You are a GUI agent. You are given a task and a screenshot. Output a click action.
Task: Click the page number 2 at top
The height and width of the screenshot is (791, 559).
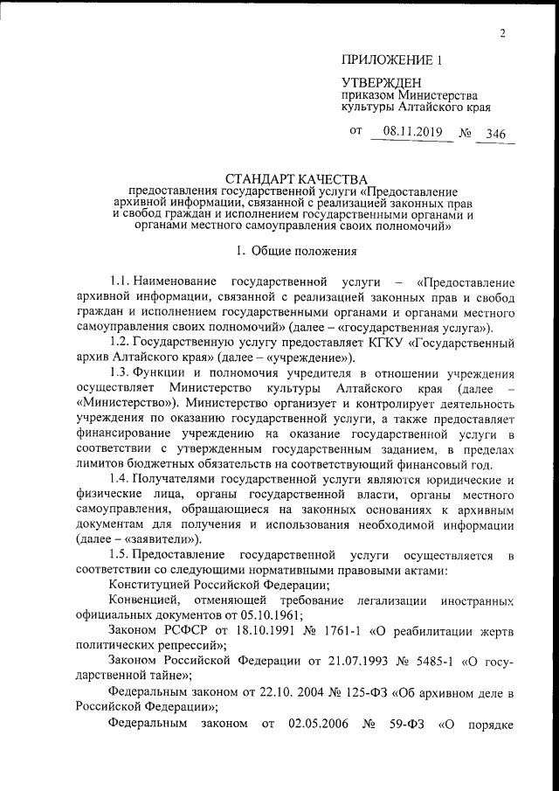[x=504, y=34]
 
